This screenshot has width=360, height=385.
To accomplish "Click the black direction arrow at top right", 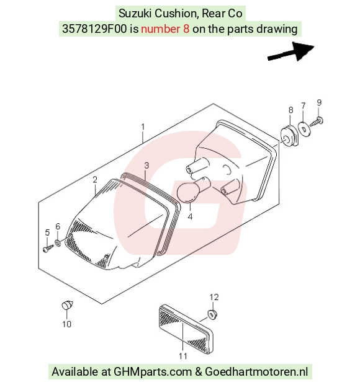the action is pos(291,52).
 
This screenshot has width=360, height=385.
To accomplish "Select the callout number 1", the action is pos(143,127).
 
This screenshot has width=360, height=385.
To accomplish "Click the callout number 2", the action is pos(95,180).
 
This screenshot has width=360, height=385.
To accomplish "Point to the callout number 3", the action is pos(146,166).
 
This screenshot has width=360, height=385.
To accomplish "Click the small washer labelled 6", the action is pos(58,243).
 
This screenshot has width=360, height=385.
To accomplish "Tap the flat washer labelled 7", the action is pos(304,128).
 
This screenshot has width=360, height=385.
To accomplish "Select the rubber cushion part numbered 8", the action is pos(290,136).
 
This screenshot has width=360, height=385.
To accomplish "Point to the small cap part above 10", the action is pos(67,305).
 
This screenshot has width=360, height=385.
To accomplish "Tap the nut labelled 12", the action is pos(212,314).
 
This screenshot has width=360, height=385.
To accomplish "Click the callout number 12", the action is pos(214,298).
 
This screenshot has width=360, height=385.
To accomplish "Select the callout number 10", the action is pos(66,324).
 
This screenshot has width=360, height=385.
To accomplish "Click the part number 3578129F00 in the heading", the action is pos(94,29).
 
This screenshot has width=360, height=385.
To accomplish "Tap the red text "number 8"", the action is pos(165,29).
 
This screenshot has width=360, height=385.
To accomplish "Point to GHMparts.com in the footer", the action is pos(153,372).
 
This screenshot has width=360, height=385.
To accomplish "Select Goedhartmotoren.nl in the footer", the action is pos(256,372).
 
